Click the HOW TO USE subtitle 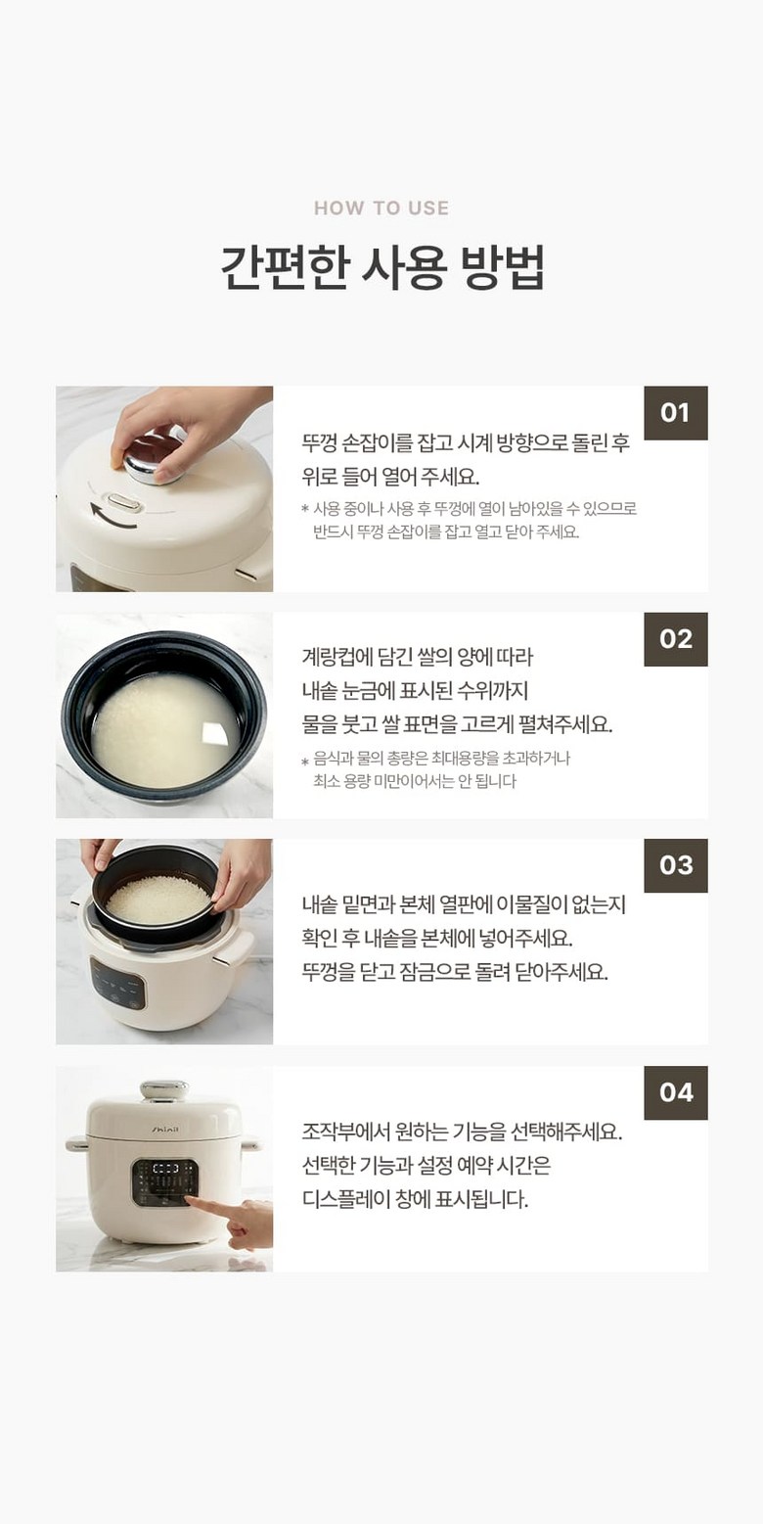pos(381,208)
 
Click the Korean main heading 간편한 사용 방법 pos(382,266)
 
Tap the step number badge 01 pos(675,413)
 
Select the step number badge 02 pos(675,639)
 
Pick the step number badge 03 pos(675,865)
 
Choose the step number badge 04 pos(675,1092)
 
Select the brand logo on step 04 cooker pos(164,1131)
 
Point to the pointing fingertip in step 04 pos(190,1201)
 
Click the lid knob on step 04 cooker pos(164,1088)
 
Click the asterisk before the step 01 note pos(305,508)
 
